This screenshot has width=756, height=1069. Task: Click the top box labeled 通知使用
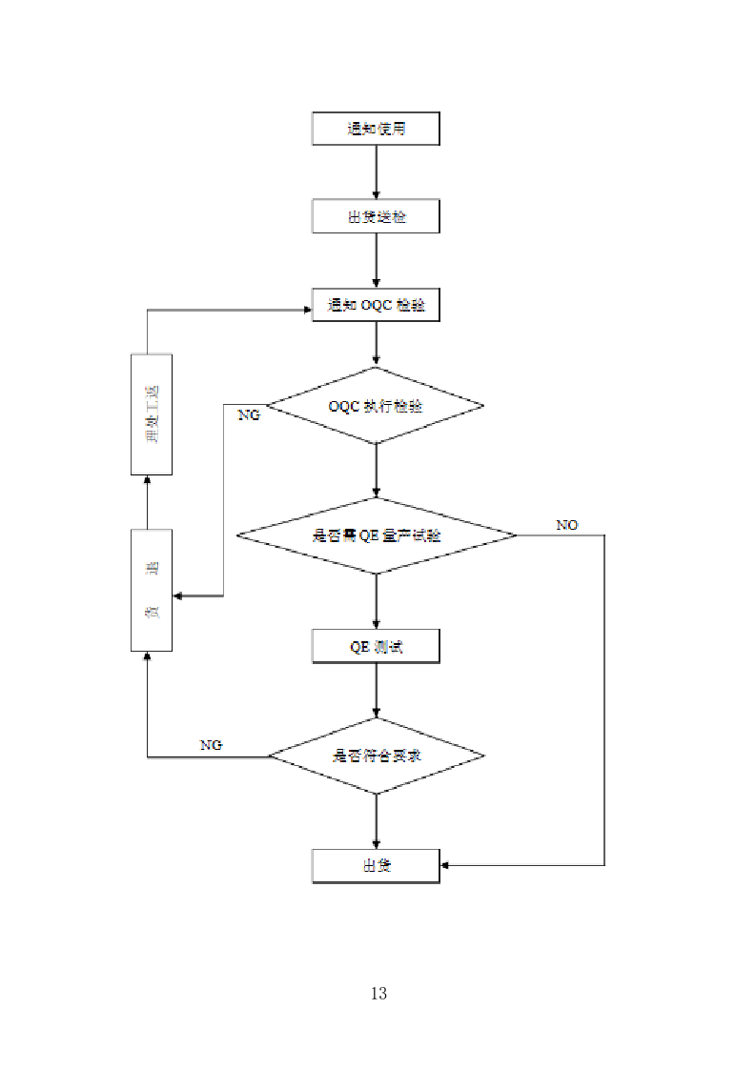[x=376, y=129]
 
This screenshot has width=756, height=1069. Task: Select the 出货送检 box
[x=376, y=217]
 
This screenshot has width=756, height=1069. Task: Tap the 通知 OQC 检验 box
[x=376, y=305]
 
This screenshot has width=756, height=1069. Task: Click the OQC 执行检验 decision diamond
[x=376, y=405]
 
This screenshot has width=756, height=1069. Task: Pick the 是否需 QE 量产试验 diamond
[x=376, y=535]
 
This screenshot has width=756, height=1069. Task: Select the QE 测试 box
[x=376, y=647]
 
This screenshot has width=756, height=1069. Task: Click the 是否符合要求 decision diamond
[x=376, y=756]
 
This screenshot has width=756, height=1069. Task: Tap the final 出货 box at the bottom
[x=376, y=866]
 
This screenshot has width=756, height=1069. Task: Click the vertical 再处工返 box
[x=151, y=414]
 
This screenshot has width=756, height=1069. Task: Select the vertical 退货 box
[x=151, y=591]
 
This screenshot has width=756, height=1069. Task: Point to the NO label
[x=567, y=525]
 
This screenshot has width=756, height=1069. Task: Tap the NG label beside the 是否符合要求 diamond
[x=211, y=745]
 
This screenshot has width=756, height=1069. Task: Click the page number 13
[x=378, y=994]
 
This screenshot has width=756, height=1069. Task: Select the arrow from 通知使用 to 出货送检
[x=377, y=172]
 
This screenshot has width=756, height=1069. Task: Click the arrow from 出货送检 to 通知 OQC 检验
[x=377, y=261]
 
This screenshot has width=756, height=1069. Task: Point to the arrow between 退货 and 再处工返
[x=148, y=502]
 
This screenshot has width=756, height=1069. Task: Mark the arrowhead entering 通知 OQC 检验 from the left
[x=306, y=310]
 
